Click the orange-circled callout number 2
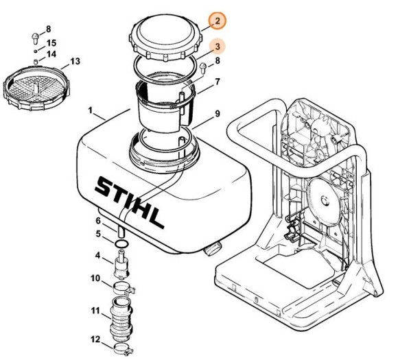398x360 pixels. (216, 21)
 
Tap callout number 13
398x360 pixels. (74, 62)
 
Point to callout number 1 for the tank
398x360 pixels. (91, 110)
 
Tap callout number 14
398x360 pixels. (51, 53)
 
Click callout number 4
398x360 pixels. (98, 255)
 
